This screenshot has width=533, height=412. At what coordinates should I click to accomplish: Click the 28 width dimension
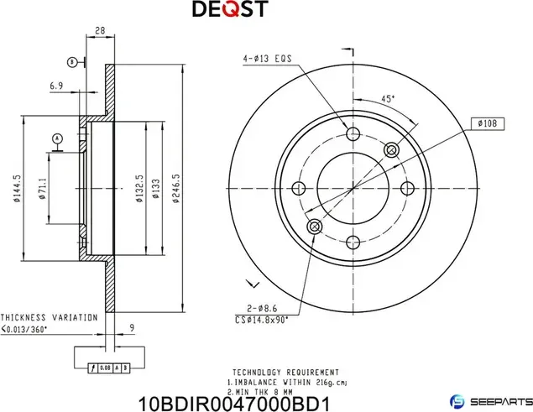[100, 31]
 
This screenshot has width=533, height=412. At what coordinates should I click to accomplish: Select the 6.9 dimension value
[57, 86]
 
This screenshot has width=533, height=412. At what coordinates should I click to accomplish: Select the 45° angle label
[389, 99]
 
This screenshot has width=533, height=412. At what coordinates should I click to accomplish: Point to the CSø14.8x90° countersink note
[262, 320]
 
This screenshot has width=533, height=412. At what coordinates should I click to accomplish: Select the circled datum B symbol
[72, 61]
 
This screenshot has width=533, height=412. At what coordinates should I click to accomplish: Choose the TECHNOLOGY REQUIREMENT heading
[285, 372]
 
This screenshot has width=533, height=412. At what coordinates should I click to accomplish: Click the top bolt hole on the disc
[353, 134]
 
